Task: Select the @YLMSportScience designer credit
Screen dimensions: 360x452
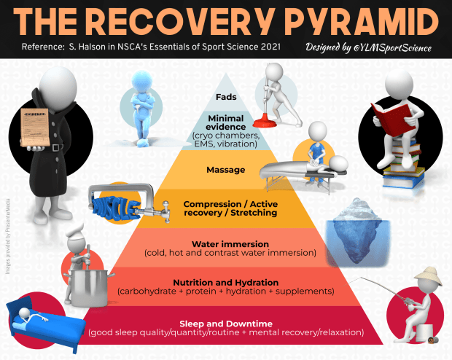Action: point(368,49)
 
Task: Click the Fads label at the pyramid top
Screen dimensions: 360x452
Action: point(227,96)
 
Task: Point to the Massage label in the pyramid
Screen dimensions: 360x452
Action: point(225,170)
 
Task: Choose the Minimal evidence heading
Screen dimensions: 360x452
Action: point(226,122)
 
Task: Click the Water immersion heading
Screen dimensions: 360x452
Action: point(225,244)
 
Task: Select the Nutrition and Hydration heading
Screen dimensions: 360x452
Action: point(225,282)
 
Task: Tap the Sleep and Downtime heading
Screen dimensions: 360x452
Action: point(225,323)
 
